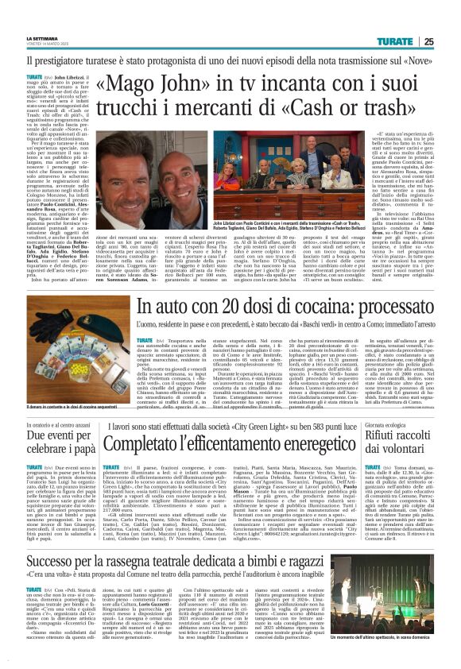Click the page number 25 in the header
click(450, 41)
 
